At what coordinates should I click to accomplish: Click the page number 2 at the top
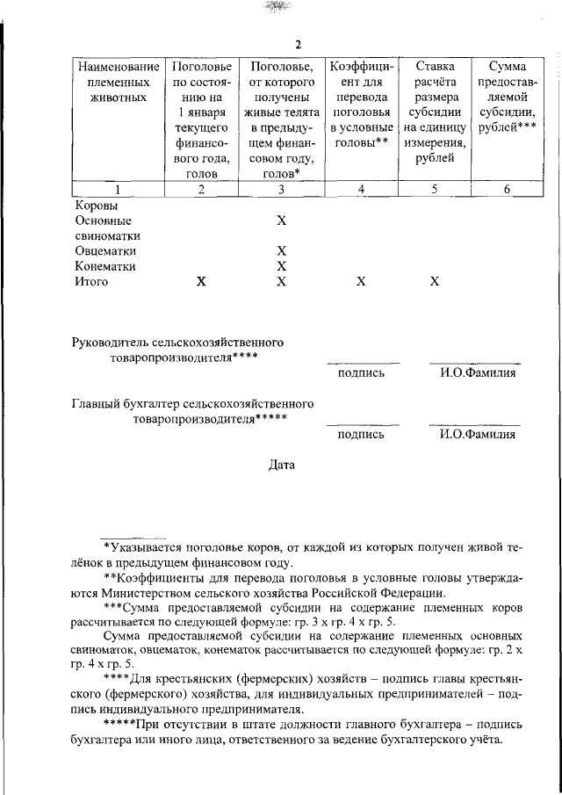(298, 46)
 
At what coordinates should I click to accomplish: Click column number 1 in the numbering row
(117, 189)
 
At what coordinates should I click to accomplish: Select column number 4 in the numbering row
(362, 189)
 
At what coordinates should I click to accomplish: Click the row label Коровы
(95, 205)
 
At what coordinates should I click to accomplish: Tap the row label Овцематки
(104, 251)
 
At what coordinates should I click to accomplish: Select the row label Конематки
(105, 266)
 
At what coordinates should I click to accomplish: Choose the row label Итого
(91, 282)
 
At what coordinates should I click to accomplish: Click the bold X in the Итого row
(202, 282)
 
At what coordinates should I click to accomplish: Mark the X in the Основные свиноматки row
(281, 220)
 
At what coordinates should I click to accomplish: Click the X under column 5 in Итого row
(435, 282)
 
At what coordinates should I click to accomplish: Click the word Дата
(281, 465)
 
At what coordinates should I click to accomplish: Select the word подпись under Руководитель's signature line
(361, 372)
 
